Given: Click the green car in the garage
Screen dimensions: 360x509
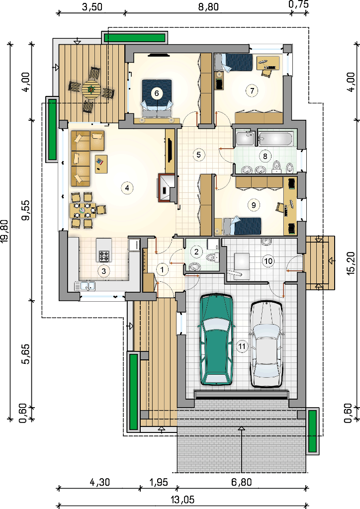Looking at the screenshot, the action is pyautogui.click(x=216, y=339).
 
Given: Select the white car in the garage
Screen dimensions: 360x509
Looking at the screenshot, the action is pyautogui.click(x=266, y=344).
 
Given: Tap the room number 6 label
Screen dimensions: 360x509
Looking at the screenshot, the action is pyautogui.click(x=157, y=93).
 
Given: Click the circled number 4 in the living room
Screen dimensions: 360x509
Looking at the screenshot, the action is pyautogui.click(x=127, y=187).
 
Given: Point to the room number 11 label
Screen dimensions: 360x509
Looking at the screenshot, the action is pyautogui.click(x=242, y=346).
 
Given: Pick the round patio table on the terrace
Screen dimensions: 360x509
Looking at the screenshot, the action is pyautogui.click(x=91, y=89).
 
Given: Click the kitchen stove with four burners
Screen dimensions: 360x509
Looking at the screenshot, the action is pyautogui.click(x=104, y=256).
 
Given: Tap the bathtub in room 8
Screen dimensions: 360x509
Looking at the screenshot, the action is pyautogui.click(x=276, y=138).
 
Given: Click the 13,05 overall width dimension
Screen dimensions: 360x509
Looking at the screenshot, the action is pyautogui.click(x=182, y=499).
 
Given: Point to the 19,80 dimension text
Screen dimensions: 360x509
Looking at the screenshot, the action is pyautogui.click(x=5, y=231).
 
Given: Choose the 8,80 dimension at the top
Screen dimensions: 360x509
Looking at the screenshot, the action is pyautogui.click(x=208, y=6).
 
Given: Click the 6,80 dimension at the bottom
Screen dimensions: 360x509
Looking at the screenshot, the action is pyautogui.click(x=241, y=482).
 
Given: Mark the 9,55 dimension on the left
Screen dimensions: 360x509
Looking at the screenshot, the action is pyautogui.click(x=26, y=210).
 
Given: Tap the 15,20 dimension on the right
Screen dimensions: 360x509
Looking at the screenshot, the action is pyautogui.click(x=351, y=263).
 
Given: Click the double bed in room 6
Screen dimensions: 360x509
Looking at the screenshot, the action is pyautogui.click(x=157, y=98).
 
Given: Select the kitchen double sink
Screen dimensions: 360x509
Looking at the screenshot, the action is pyautogui.click(x=86, y=286).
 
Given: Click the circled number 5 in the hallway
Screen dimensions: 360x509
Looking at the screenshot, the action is pyautogui.click(x=199, y=155).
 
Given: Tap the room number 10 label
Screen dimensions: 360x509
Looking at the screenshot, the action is pyautogui.click(x=268, y=261).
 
